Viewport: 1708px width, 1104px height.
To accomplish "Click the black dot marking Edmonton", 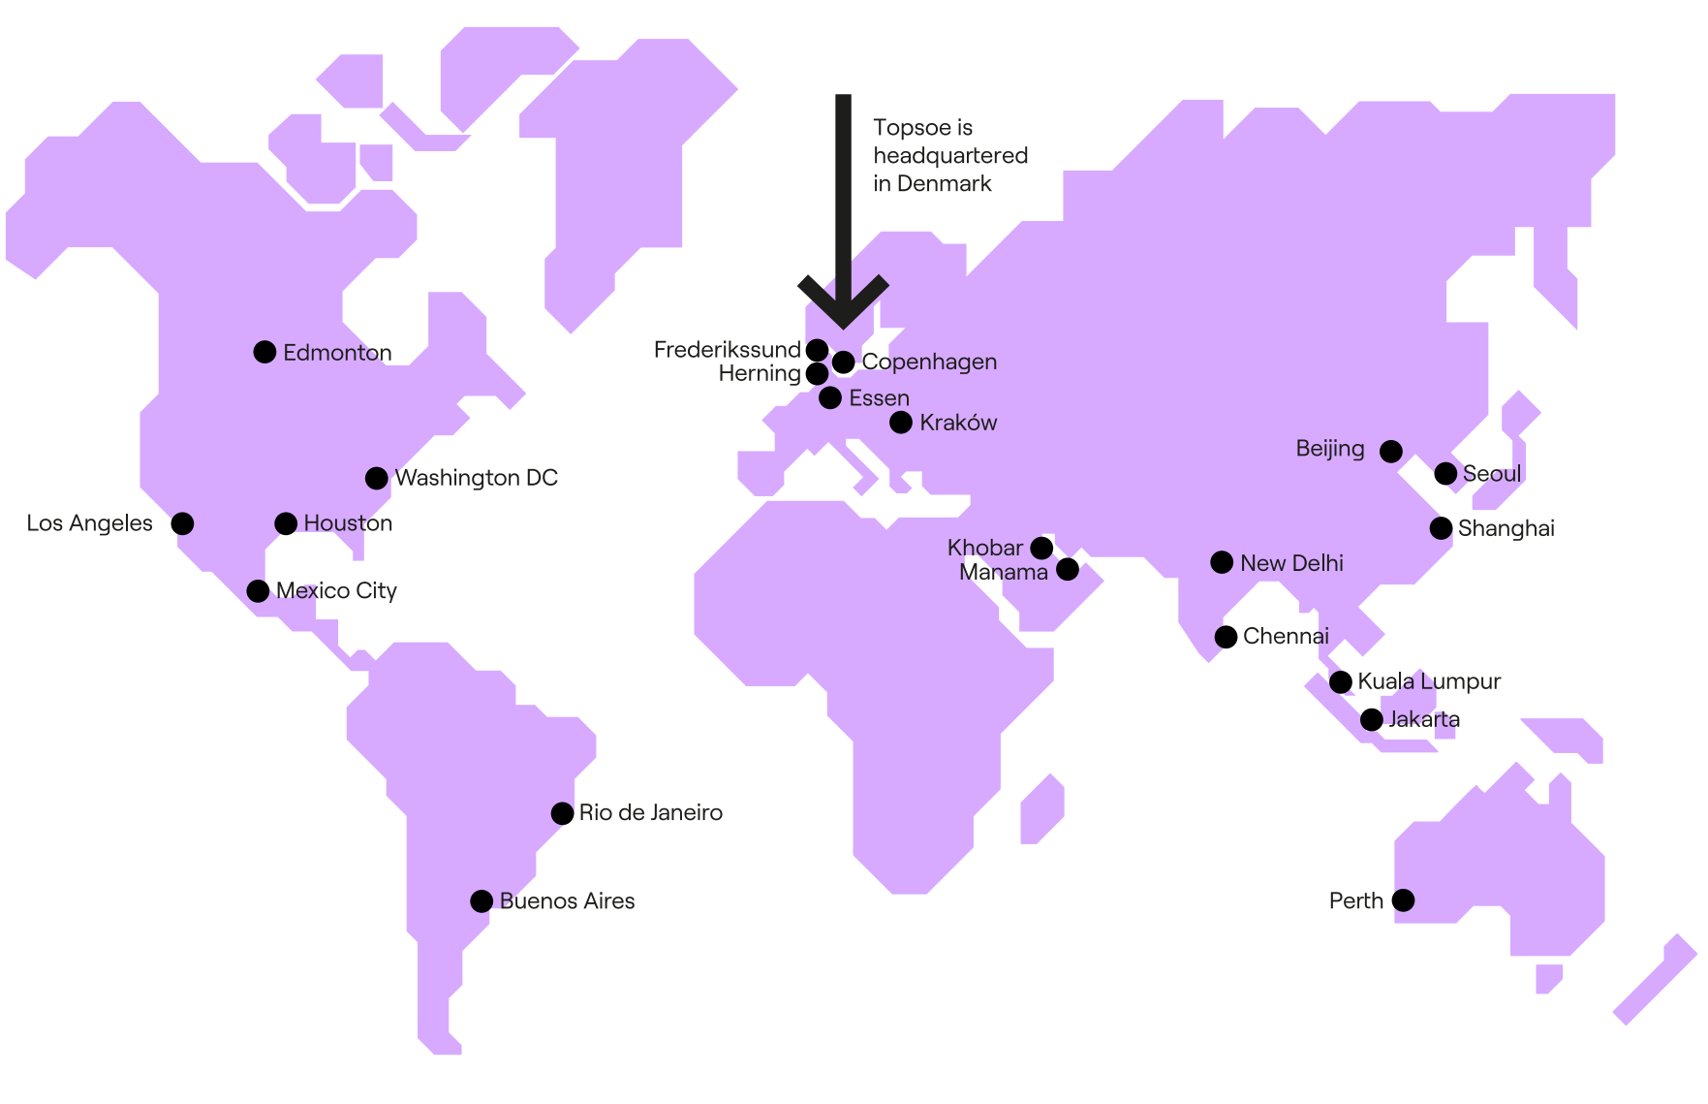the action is pyautogui.click(x=264, y=352).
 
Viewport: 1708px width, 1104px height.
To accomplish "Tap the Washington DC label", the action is pyautogui.click(x=476, y=478).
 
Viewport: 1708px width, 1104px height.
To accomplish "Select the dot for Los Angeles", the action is pyautogui.click(x=182, y=523).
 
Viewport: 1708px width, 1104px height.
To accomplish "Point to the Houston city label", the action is pyautogui.click(x=348, y=523).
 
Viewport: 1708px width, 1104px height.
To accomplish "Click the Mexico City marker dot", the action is pyautogui.click(x=258, y=591).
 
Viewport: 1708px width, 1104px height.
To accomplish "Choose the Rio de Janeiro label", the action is pyautogui.click(x=650, y=813).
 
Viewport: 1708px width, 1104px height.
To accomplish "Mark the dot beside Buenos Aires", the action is pyautogui.click(x=481, y=901).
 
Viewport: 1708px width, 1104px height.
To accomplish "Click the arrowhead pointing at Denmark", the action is pyautogui.click(x=843, y=305).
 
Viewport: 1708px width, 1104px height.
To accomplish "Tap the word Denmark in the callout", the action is pyautogui.click(x=944, y=184).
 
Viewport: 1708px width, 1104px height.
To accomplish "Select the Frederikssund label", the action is pyautogui.click(x=727, y=350).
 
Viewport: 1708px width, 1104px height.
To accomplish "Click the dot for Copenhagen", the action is pyautogui.click(x=844, y=362).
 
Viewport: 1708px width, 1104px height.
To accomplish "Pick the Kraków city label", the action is pyautogui.click(x=957, y=423).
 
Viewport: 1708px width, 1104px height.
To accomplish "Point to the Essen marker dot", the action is pyautogui.click(x=830, y=397).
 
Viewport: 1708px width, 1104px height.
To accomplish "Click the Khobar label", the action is pyautogui.click(x=984, y=548).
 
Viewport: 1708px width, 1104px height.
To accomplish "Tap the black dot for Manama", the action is pyautogui.click(x=1068, y=569).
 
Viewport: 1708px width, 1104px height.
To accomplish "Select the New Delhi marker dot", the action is pyautogui.click(x=1222, y=562).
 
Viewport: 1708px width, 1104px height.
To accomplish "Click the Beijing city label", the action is pyautogui.click(x=1329, y=449).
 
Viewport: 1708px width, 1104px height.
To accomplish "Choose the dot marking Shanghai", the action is pyautogui.click(x=1441, y=528).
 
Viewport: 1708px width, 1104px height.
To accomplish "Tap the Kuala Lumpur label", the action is pyautogui.click(x=1429, y=681).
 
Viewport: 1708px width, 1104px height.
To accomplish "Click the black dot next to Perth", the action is pyautogui.click(x=1403, y=900).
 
